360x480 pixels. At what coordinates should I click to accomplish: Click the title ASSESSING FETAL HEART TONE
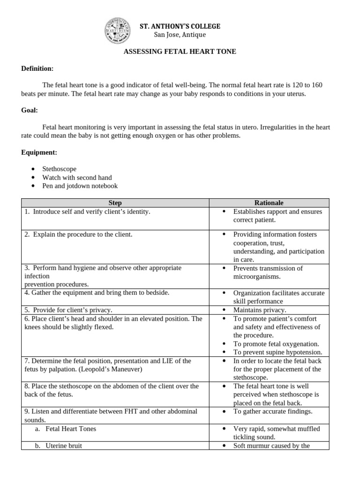coord(180,52)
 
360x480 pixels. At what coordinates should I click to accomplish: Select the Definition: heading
coord(37,68)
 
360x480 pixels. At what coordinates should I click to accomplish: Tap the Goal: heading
coord(30,110)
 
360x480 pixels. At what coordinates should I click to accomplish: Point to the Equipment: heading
coord(39,152)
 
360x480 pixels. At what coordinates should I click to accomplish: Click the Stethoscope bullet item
coord(59,169)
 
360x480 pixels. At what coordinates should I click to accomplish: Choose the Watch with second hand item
coord(77,177)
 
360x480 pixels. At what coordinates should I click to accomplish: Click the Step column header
coord(115,202)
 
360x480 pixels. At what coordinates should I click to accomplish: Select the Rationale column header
coord(269,202)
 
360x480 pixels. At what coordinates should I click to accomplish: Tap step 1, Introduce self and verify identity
coord(87,211)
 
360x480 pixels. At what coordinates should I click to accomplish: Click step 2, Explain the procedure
coord(78,234)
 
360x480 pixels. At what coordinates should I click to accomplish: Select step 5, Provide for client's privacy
coord(68,310)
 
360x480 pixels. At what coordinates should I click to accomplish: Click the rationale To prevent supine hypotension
coord(277,352)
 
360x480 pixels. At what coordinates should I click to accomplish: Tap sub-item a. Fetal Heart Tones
coord(68,428)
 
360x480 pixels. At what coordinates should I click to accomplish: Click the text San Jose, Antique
coord(180,35)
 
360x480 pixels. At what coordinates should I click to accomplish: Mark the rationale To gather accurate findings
coord(273,412)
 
